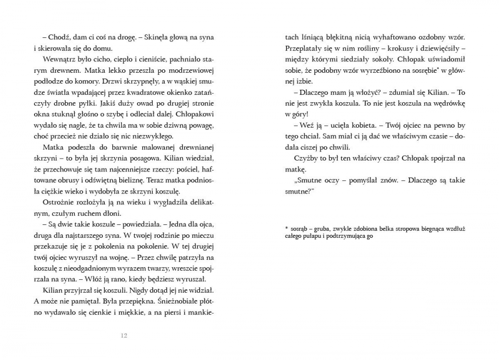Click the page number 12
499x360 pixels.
click(124, 336)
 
